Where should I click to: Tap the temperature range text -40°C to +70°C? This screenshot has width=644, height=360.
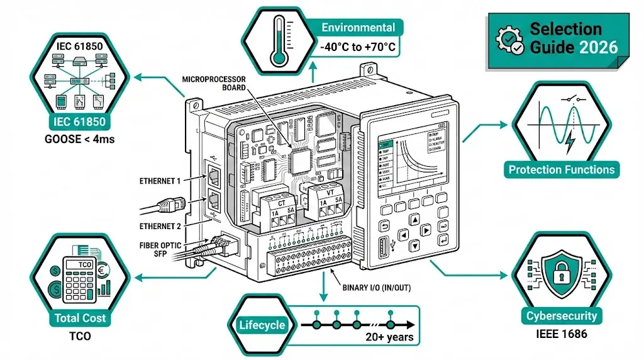click(x=358, y=47)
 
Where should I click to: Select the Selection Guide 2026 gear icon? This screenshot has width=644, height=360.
click(x=508, y=39)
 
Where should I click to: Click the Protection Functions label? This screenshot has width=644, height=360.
click(x=562, y=169)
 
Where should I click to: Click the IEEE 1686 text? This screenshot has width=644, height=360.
click(x=562, y=334)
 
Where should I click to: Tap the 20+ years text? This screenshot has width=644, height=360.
click(x=390, y=337)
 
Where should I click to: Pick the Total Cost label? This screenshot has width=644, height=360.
click(x=80, y=318)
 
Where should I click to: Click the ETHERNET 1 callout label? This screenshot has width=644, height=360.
click(x=159, y=181)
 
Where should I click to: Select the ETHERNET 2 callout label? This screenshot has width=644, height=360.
click(x=159, y=225)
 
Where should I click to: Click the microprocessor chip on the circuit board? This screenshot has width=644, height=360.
click(x=301, y=161)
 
